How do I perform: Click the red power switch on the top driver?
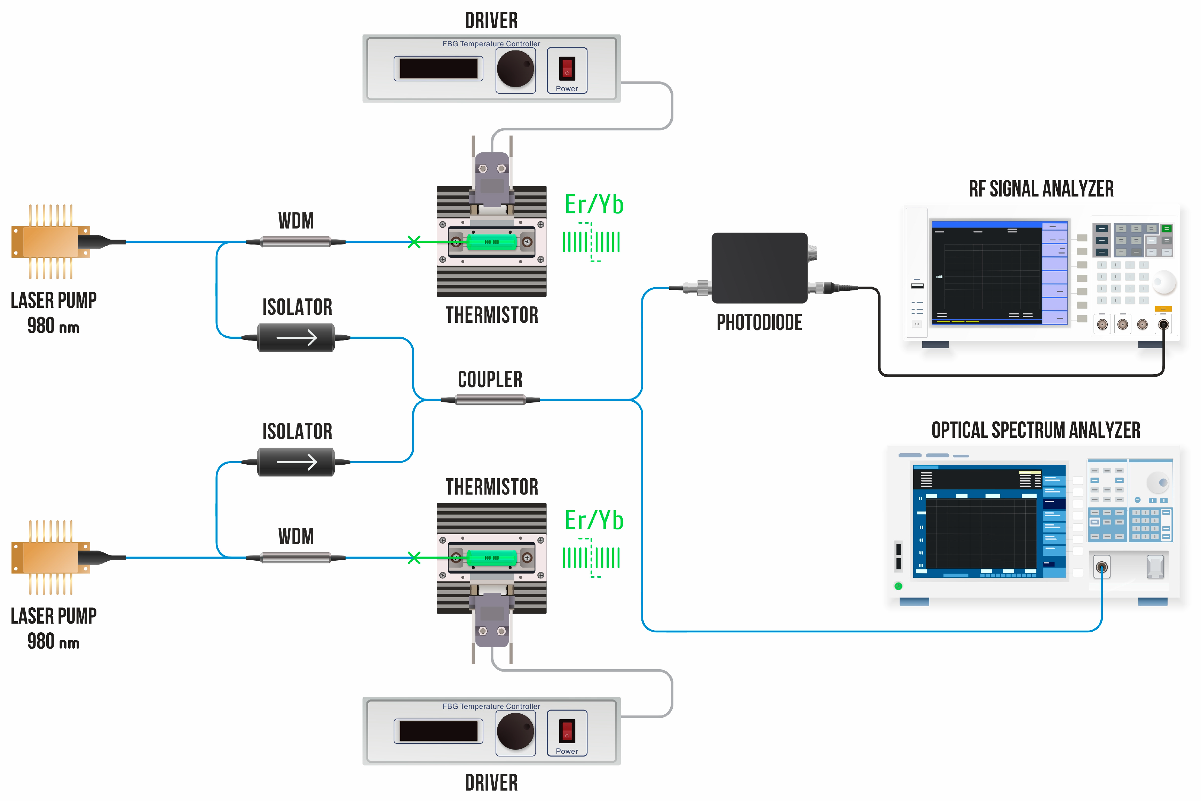(567, 69)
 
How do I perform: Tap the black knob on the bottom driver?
(515, 731)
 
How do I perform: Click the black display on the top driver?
(438, 69)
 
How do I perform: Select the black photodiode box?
(759, 268)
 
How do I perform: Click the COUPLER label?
(490, 379)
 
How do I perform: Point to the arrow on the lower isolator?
(297, 462)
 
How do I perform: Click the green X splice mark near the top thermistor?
(414, 242)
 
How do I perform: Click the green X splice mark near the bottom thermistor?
(414, 557)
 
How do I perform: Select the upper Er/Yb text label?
(594, 205)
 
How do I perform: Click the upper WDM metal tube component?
(295, 242)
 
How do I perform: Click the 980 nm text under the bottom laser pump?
(53, 642)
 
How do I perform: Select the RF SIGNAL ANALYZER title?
(1041, 189)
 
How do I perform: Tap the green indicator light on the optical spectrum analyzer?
(899, 586)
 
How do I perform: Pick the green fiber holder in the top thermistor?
(492, 242)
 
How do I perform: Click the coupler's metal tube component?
(490, 400)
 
